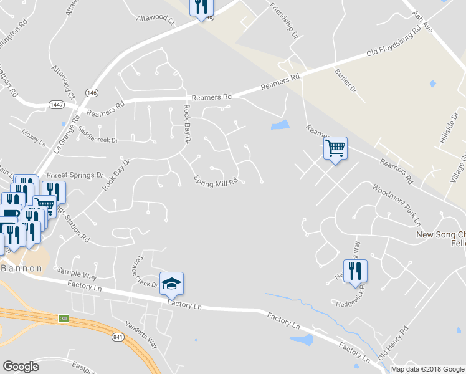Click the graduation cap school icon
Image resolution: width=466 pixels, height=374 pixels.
pyautogui.click(x=172, y=284)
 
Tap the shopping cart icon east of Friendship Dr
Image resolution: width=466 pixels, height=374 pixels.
pyautogui.click(x=335, y=148)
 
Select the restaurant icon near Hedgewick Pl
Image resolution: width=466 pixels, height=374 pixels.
pyautogui.click(x=355, y=271)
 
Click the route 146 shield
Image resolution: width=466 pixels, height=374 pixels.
pyautogui.click(x=92, y=92)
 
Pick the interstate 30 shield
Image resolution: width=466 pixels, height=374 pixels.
pyautogui.click(x=64, y=319)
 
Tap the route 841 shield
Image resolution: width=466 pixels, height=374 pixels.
pyautogui.click(x=118, y=337)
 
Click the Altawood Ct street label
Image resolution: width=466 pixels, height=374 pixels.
pyautogui.click(x=156, y=19)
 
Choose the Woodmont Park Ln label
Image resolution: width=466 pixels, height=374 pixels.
pyautogui.click(x=397, y=205)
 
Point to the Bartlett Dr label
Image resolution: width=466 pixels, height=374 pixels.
pyautogui.click(x=345, y=81)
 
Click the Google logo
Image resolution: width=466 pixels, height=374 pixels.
pyautogui.click(x=21, y=367)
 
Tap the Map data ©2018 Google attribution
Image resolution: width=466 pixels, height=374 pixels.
pyautogui.click(x=427, y=369)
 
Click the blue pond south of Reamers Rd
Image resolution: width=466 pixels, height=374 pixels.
pyautogui.click(x=280, y=125)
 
